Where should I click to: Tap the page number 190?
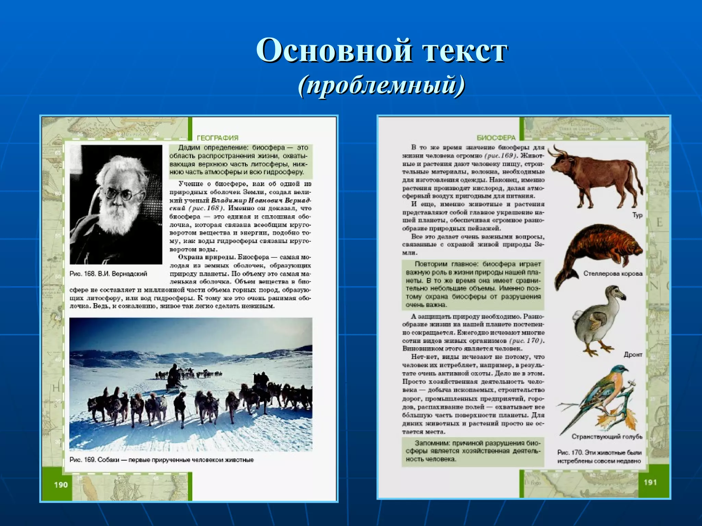pyautogui.click(x=61, y=485)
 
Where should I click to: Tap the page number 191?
pyautogui.click(x=650, y=482)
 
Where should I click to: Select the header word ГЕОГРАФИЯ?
pyautogui.click(x=218, y=138)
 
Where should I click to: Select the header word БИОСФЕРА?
pyautogui.click(x=496, y=138)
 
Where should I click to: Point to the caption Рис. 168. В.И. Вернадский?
pyautogui.click(x=108, y=274)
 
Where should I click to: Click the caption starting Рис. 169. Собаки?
pyautogui.click(x=161, y=460)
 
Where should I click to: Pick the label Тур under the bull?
pyautogui.click(x=637, y=215)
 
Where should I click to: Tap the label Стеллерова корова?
pyautogui.click(x=613, y=274)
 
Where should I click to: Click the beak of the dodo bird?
pyautogui.click(x=620, y=297)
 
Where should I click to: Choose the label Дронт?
pyautogui.click(x=633, y=354)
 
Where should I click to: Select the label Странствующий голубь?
pyautogui.click(x=607, y=437)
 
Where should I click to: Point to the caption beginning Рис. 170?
pyautogui.click(x=599, y=456)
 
